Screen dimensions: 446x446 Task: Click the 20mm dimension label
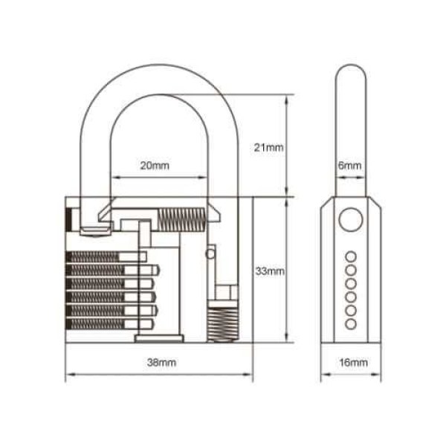[x=155, y=166]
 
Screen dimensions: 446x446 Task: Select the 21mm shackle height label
[x=268, y=147]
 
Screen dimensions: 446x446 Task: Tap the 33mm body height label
[x=269, y=272]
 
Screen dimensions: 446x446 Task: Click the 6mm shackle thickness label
[x=349, y=165]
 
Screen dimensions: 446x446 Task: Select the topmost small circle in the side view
[x=350, y=256]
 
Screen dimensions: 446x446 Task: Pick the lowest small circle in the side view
[x=350, y=325]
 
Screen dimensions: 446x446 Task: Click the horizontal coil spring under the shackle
[x=180, y=219]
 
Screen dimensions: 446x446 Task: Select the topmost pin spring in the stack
[x=94, y=256]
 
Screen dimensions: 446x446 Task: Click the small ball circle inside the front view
[x=210, y=253]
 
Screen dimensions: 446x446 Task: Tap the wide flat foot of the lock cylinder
[x=158, y=339]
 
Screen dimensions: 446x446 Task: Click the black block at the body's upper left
[x=71, y=220]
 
